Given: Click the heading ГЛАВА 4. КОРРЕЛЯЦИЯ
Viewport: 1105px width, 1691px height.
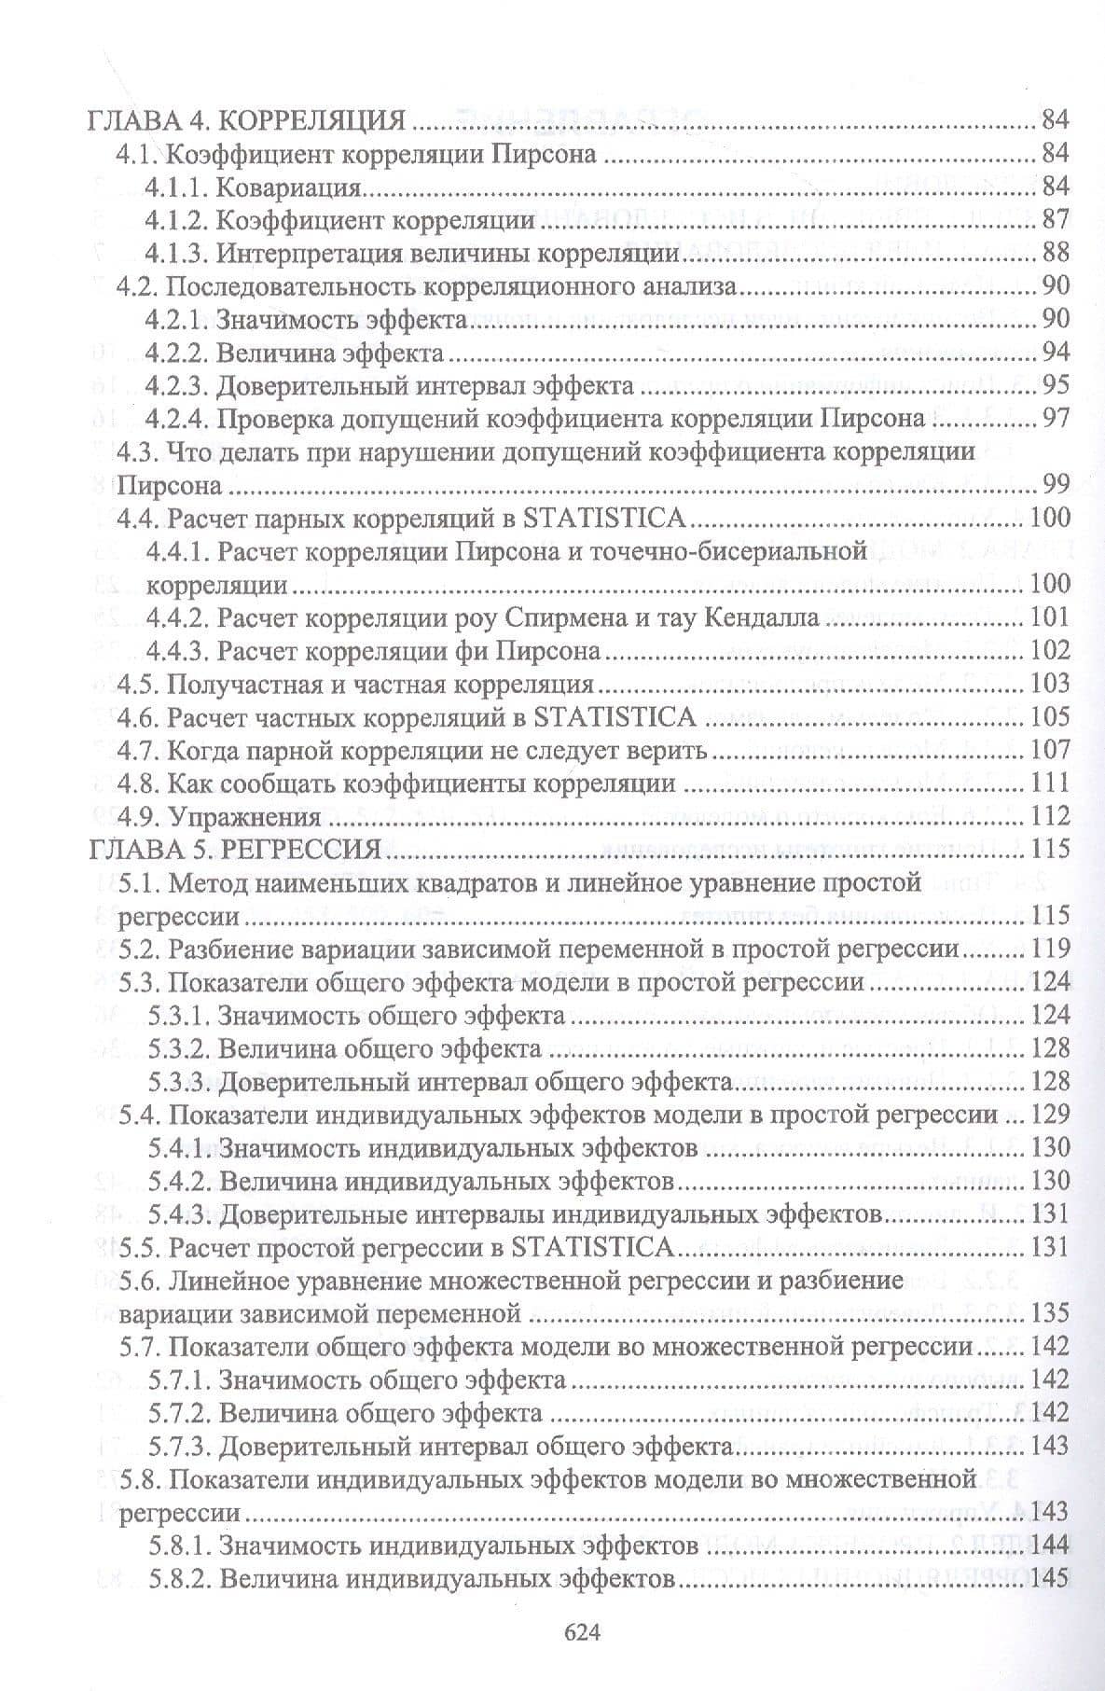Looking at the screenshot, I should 246,120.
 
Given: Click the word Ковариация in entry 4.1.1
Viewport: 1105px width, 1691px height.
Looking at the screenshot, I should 289,187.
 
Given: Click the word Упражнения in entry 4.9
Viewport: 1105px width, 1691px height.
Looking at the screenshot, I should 243,817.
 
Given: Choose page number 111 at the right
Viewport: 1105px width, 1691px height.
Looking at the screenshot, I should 1049,784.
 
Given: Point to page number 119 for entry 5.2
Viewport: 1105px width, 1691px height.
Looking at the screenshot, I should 1049,949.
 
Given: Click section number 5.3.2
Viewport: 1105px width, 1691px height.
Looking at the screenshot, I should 183,1048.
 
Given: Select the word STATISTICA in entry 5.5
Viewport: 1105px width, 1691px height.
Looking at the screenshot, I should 592,1247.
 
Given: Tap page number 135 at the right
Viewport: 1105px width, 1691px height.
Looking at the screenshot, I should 1049,1313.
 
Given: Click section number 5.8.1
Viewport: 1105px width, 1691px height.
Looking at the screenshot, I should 183,1545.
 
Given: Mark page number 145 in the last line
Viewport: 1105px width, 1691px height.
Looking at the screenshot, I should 1049,1578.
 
